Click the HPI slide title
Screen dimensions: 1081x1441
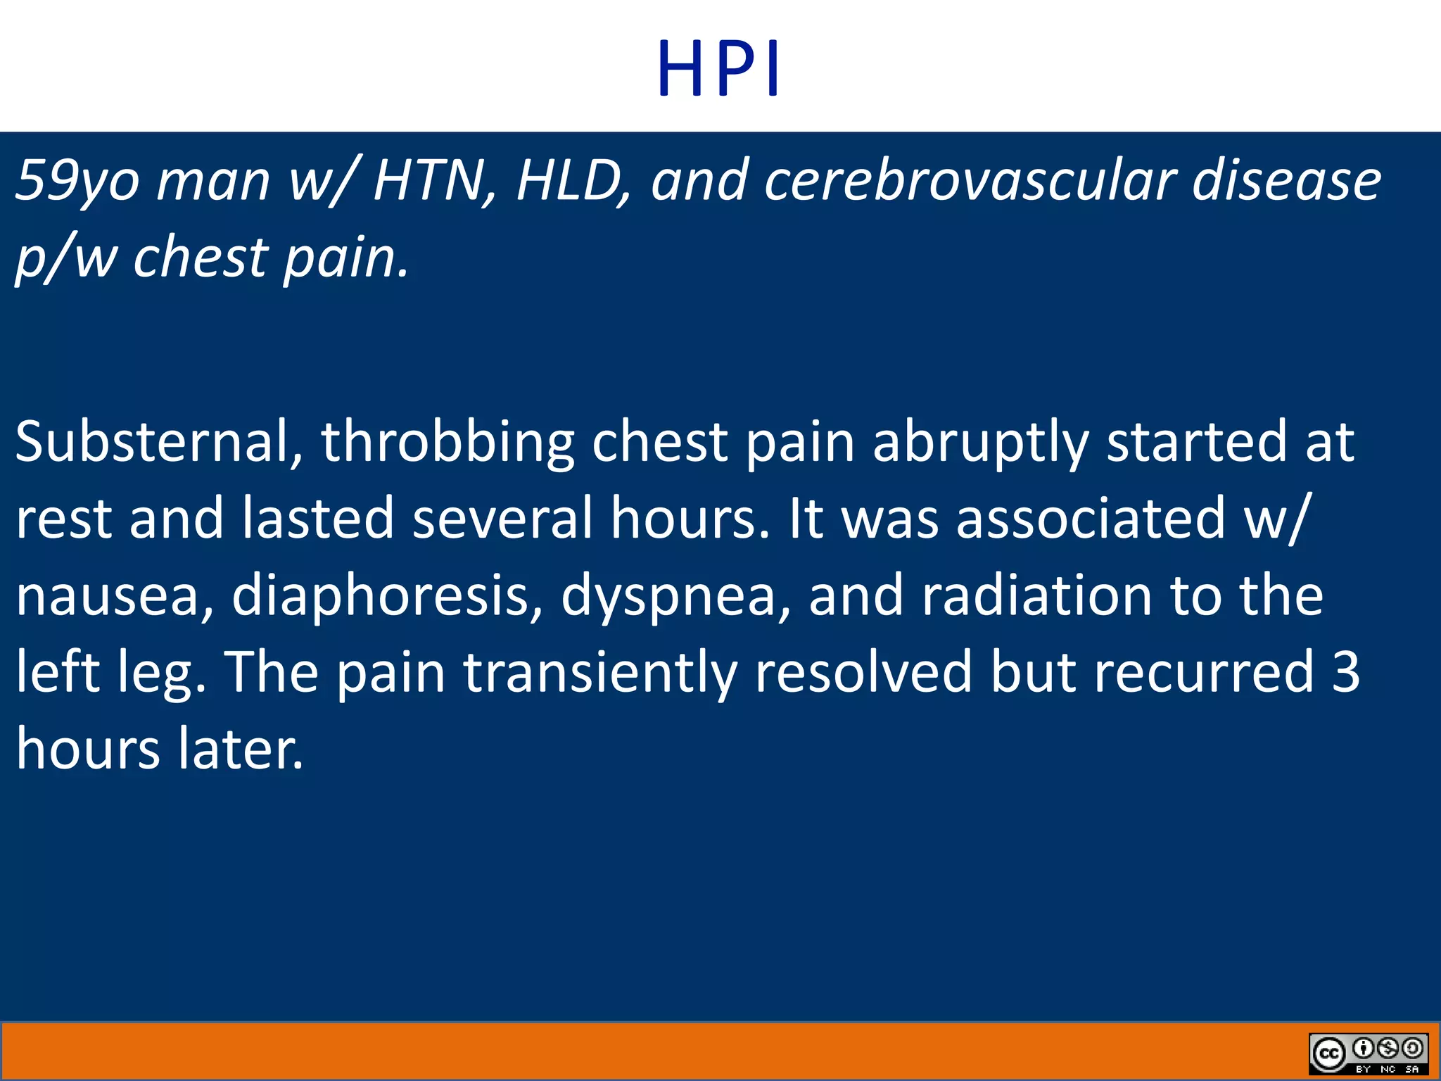point(718,69)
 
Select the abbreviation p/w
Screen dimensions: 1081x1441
point(66,258)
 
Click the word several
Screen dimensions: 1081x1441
point(502,519)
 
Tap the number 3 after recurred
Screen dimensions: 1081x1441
point(1345,671)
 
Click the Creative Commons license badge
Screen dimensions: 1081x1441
point(1368,1053)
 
